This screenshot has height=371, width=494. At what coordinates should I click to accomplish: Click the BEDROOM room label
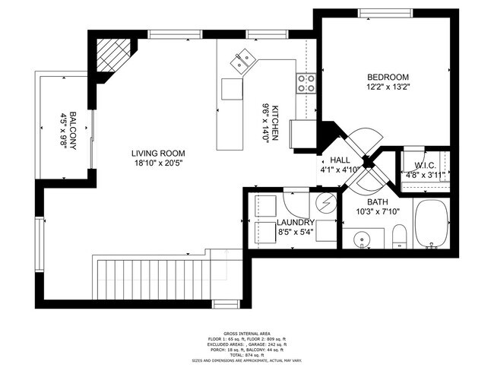click(x=388, y=77)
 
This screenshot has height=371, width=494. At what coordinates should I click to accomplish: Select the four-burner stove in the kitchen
click(x=306, y=83)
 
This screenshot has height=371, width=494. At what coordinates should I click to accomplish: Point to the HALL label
click(x=340, y=160)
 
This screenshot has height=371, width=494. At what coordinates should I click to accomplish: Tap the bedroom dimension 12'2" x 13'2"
click(x=388, y=88)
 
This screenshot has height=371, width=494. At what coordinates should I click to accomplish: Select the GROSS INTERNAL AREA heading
click(x=248, y=332)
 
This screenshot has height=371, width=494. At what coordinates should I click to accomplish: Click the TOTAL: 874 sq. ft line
click(x=248, y=355)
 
